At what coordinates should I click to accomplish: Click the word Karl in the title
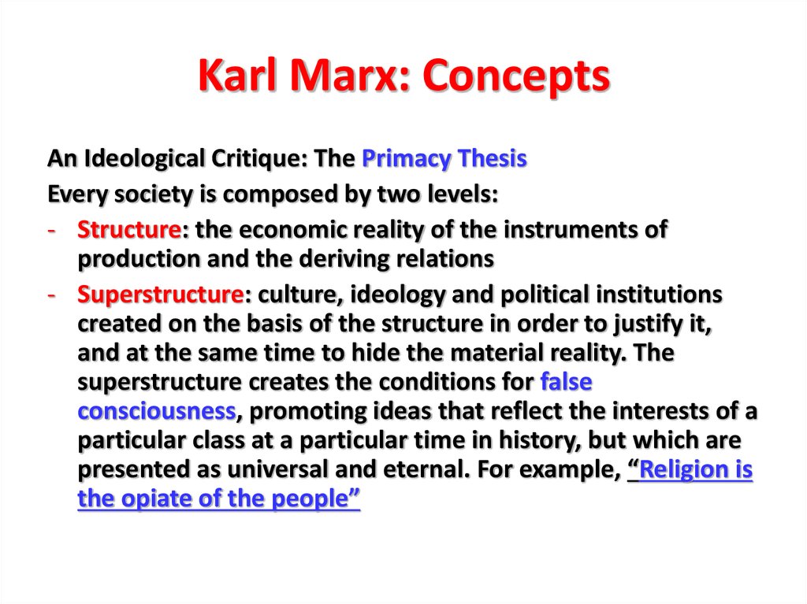(237, 75)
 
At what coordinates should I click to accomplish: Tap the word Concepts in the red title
(516, 76)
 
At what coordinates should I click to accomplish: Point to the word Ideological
(145, 159)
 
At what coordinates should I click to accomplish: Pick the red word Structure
(128, 229)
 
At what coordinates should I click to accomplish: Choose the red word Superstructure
(160, 295)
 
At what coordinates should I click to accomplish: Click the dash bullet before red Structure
(51, 230)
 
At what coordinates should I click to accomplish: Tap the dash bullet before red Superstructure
(51, 295)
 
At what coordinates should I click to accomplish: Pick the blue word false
(566, 382)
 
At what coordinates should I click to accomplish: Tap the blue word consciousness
(157, 411)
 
